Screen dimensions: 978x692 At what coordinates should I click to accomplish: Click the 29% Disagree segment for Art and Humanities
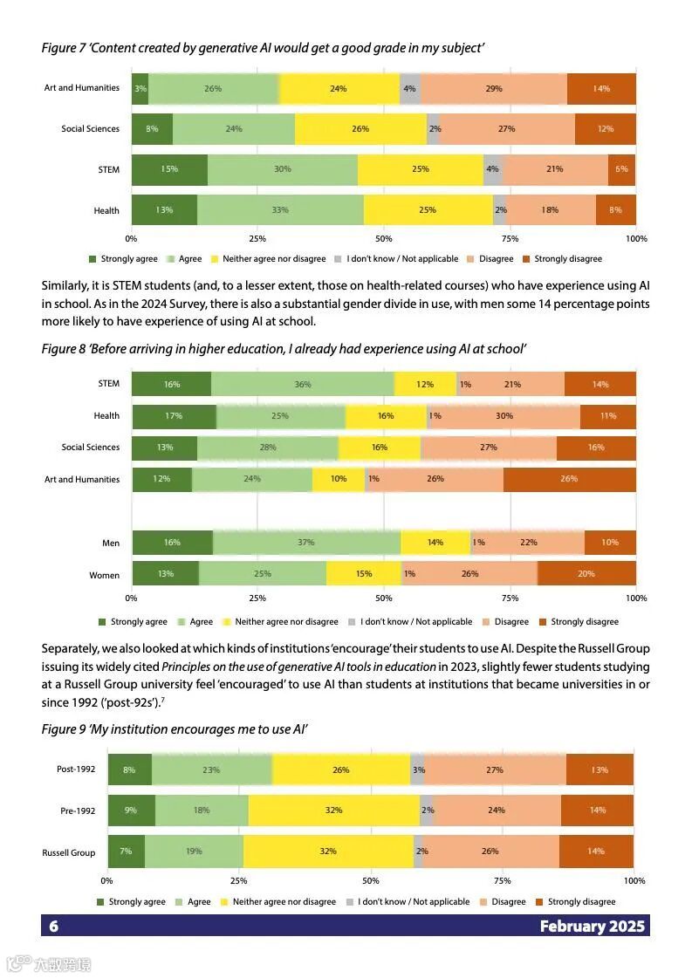493,89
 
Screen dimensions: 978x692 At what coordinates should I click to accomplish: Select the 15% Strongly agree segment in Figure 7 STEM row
169,169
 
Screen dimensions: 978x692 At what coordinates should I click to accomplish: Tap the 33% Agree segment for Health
280,210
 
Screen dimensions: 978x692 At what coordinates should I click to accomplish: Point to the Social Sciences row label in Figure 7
90,129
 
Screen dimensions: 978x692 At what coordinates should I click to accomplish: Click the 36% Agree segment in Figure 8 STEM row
303,385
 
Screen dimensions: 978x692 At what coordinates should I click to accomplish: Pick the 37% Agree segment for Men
305,543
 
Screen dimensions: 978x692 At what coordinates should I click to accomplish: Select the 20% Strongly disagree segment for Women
586,574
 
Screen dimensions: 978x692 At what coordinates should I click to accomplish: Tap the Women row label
105,575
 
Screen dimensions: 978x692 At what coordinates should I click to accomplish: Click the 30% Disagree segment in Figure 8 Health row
504,416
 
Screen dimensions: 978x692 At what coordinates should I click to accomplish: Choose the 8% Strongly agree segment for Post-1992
129,770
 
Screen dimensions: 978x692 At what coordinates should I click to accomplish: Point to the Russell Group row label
69,852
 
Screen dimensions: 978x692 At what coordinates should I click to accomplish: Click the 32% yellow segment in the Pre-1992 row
333,810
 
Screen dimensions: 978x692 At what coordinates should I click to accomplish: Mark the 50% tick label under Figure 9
371,881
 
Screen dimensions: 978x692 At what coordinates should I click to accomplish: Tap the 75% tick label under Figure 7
510,238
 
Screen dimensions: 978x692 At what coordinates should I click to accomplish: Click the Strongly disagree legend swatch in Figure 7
526,259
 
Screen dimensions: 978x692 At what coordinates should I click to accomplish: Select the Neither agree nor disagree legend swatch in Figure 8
227,622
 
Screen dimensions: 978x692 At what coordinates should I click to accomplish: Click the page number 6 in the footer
53,927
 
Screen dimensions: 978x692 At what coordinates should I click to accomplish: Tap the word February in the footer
572,927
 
